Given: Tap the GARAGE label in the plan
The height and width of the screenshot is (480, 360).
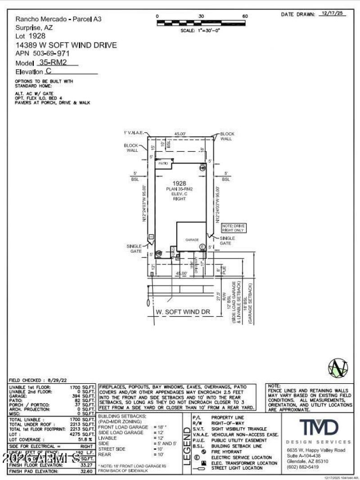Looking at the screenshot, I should click(192, 240).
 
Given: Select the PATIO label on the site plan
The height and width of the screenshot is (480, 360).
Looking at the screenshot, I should click(163, 164).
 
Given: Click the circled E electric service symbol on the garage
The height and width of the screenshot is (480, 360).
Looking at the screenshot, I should click(202, 247).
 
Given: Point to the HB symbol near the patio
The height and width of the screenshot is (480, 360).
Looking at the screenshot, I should click(202, 167).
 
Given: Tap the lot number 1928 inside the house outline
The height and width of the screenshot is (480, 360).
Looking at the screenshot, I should click(180, 183).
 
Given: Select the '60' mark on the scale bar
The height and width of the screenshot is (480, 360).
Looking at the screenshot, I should click(245, 16).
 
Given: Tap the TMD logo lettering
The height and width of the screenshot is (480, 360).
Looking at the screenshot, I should click(319, 427).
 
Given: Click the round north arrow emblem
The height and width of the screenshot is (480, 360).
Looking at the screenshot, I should click(338, 367).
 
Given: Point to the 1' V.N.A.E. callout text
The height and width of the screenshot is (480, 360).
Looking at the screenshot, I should click(134, 133).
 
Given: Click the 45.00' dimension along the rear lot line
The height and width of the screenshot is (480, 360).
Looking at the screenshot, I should click(180, 133).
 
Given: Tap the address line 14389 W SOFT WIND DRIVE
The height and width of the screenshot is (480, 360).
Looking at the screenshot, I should click(66, 45).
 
